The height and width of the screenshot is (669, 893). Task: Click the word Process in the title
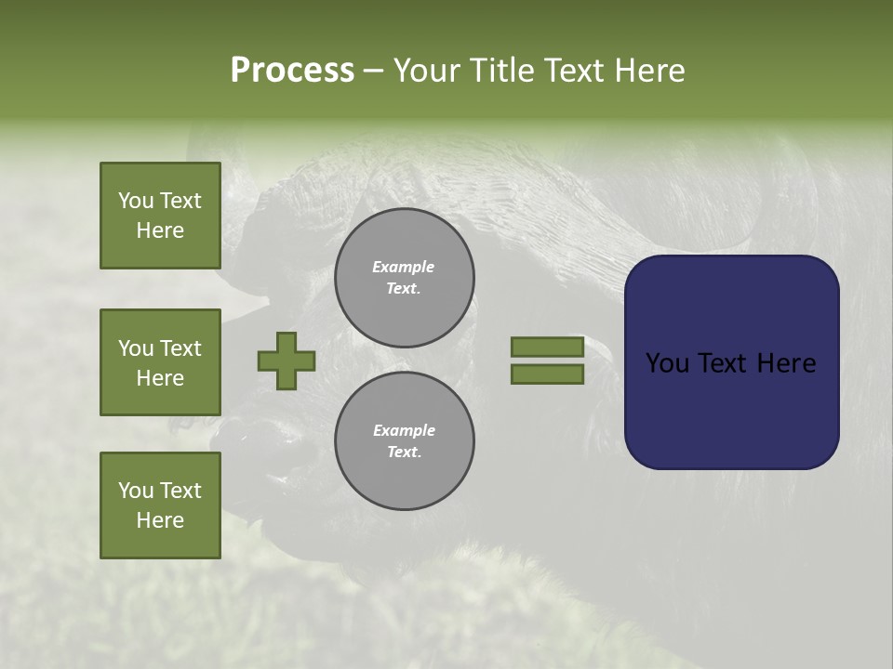[292, 71]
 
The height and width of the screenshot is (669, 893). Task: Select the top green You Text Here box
[160, 216]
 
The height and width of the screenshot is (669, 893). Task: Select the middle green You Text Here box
[160, 362]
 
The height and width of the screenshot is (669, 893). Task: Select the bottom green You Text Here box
[160, 505]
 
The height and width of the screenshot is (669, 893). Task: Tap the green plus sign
[287, 361]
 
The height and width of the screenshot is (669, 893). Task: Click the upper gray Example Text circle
[405, 278]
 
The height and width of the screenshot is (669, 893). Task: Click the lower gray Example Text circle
[405, 441]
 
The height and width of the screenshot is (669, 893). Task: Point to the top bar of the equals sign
[547, 347]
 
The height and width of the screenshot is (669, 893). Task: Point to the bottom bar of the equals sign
[547, 374]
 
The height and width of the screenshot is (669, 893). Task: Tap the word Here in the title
[648, 71]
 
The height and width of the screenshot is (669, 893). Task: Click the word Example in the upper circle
[404, 267]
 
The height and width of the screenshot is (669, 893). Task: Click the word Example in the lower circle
[404, 430]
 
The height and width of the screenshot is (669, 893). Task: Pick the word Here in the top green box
[160, 230]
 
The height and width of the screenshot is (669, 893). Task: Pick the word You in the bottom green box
[136, 491]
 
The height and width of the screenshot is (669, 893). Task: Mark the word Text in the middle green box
[181, 348]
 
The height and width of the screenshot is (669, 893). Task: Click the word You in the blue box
[668, 363]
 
